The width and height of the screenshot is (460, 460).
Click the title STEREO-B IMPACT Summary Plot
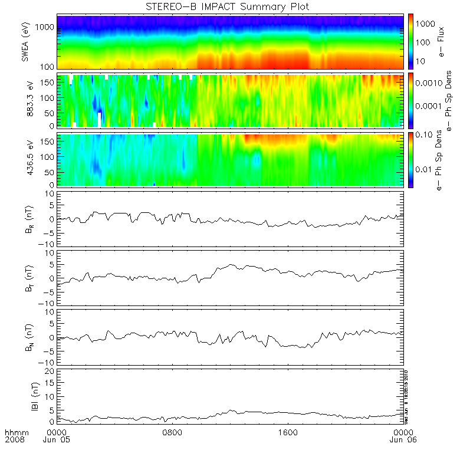click(227, 6)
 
